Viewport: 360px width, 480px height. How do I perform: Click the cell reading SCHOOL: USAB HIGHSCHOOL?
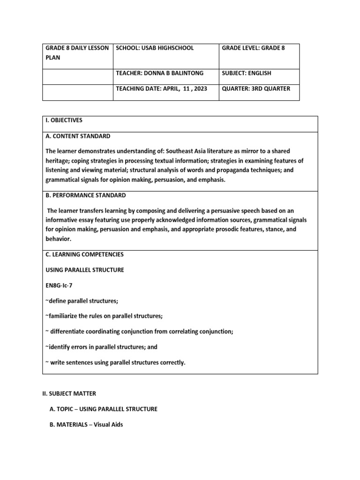tap(154, 48)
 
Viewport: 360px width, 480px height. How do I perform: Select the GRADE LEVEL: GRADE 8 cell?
tap(254, 48)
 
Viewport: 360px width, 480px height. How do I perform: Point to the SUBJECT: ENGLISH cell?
tap(247, 73)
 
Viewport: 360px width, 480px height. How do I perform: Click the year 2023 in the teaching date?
tap(199, 88)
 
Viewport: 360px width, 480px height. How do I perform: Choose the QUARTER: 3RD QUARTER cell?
tap(256, 88)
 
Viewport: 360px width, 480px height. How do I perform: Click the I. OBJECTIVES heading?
tap(64, 120)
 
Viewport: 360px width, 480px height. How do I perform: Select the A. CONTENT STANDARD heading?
tap(78, 136)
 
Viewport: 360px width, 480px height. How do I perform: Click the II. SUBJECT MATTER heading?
tap(69, 393)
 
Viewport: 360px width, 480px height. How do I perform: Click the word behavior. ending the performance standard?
tap(59, 239)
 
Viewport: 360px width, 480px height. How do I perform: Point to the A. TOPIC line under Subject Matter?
tap(103, 409)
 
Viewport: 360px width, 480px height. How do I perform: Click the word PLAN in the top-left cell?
tap(52, 58)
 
